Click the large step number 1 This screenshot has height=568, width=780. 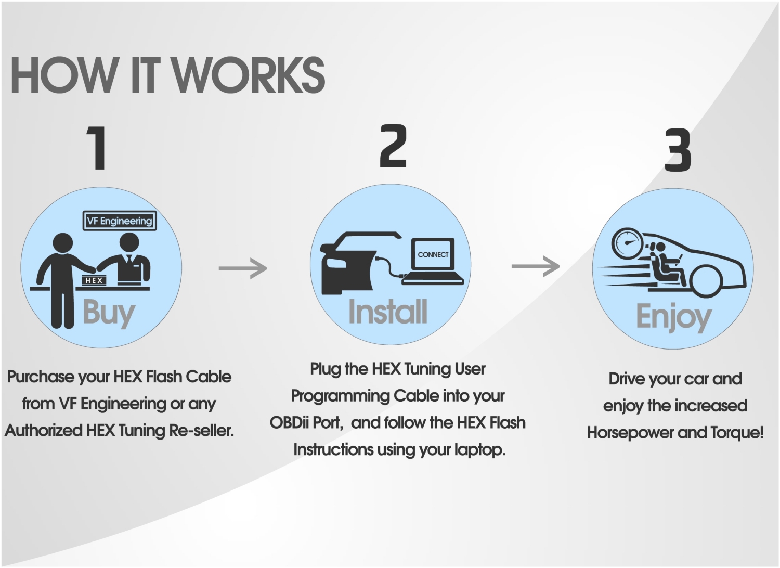pyautogui.click(x=97, y=148)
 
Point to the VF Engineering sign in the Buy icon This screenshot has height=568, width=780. pyautogui.click(x=120, y=221)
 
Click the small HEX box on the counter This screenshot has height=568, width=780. pyautogui.click(x=94, y=280)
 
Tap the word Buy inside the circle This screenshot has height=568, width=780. pyautogui.click(x=109, y=313)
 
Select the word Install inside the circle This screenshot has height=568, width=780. pyautogui.click(x=388, y=312)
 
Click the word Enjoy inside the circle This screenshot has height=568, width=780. pyautogui.click(x=673, y=316)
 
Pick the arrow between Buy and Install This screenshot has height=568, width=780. pyautogui.click(x=242, y=268)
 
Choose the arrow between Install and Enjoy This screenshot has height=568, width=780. pyautogui.click(x=536, y=266)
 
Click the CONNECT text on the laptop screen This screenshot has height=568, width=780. pyautogui.click(x=433, y=254)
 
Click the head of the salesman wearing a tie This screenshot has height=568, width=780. pyautogui.click(x=129, y=243)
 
